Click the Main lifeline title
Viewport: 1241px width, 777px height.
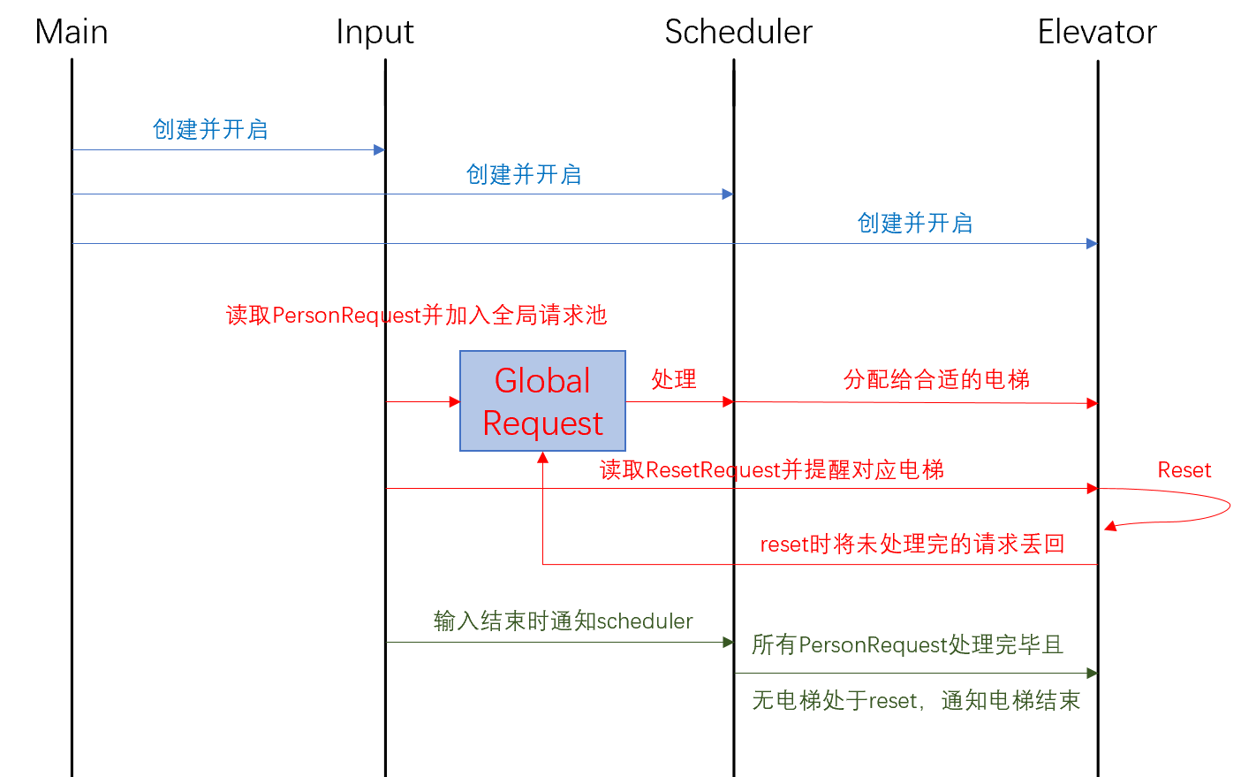(x=72, y=32)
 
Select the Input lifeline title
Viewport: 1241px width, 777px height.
(x=375, y=33)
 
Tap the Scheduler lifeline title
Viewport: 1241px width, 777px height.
(x=738, y=32)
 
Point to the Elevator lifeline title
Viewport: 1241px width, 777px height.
(x=1097, y=32)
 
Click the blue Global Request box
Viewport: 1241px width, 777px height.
(x=543, y=401)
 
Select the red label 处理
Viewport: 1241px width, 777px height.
(x=674, y=379)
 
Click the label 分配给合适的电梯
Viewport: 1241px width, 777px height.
(x=937, y=380)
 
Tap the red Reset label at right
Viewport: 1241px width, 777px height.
(x=1184, y=470)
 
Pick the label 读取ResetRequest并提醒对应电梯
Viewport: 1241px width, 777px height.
(x=772, y=470)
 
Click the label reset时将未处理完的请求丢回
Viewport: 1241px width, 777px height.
(x=912, y=544)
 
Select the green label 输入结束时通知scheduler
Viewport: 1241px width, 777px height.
(x=563, y=621)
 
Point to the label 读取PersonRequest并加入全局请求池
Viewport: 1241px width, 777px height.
(x=417, y=316)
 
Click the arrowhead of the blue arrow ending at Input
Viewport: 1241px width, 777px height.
(x=380, y=149)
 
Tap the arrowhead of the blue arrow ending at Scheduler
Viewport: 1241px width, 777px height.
(x=728, y=194)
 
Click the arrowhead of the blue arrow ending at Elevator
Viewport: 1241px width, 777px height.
(x=1092, y=243)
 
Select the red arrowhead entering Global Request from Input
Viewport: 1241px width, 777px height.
(x=454, y=401)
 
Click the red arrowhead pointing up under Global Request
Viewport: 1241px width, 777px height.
(x=543, y=458)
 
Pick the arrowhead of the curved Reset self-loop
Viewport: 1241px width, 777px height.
(x=1110, y=526)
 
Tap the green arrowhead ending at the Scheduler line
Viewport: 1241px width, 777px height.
(x=729, y=643)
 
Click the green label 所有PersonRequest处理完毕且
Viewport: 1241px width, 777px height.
(x=907, y=645)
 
